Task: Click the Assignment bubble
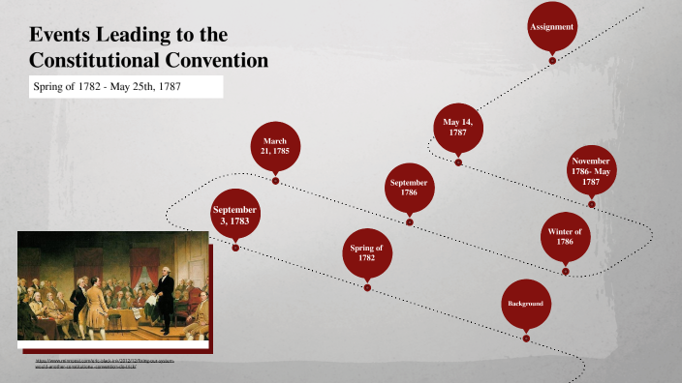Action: [x=552, y=27]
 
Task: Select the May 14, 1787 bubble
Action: [x=457, y=128]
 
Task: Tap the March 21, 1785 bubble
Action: [x=275, y=147]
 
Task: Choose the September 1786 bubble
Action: [x=409, y=188]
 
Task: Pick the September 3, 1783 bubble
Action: [x=235, y=216]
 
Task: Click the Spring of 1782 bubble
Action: [x=366, y=253]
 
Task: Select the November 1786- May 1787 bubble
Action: [x=591, y=169]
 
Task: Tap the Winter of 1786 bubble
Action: [x=565, y=237]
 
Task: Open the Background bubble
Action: [x=525, y=304]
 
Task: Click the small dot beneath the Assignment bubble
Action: [x=552, y=61]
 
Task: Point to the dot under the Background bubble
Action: [x=526, y=339]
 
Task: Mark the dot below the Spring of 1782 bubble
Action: [x=366, y=287]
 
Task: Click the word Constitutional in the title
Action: [x=93, y=61]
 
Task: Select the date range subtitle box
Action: [x=125, y=87]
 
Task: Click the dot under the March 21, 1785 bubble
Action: [x=275, y=180]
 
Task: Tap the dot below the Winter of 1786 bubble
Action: [x=565, y=272]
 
